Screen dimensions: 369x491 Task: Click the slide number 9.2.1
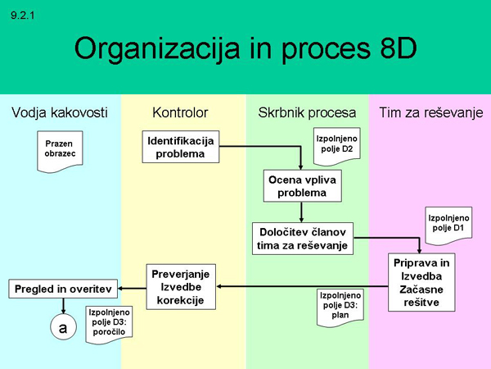[x=24, y=15]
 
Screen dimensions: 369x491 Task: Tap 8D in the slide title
[x=392, y=48]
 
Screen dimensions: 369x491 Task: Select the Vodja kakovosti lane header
[x=61, y=112]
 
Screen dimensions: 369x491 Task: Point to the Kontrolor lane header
[x=180, y=112]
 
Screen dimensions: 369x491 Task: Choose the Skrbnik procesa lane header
[x=307, y=112]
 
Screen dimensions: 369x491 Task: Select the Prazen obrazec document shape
[x=60, y=149]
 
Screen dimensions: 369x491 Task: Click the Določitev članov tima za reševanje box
[x=302, y=238]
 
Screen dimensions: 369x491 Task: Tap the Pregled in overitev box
[x=63, y=288]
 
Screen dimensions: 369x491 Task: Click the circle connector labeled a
[x=62, y=326]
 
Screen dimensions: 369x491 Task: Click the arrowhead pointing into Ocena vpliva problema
[x=301, y=166]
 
